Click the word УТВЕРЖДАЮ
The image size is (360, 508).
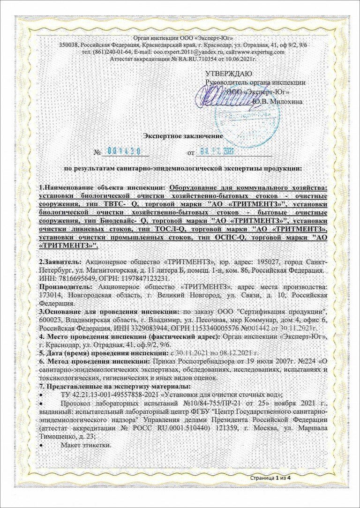point(229,74)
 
